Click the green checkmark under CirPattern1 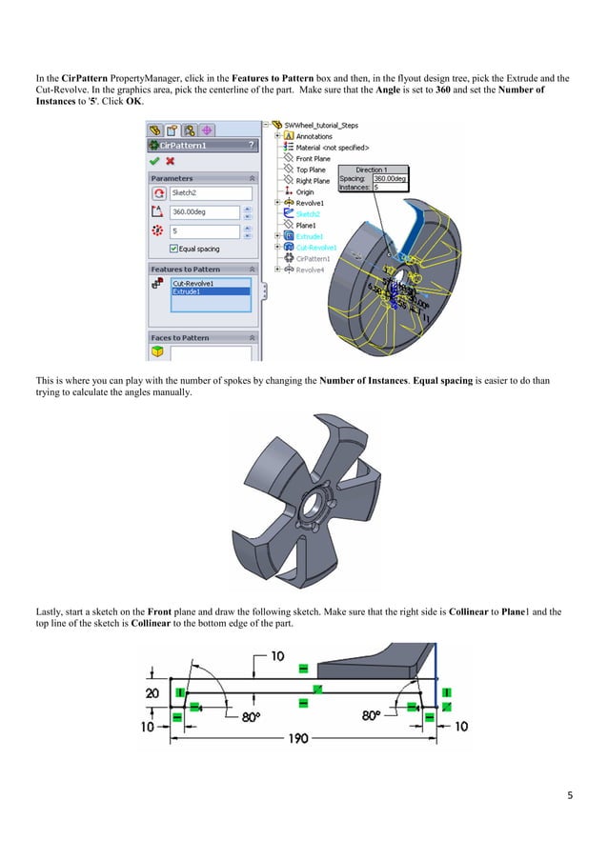coord(155,160)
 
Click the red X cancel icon coord(170,160)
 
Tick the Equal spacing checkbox coord(172,249)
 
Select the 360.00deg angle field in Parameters coord(210,211)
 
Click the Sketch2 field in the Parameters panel coord(210,193)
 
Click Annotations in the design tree coord(315,136)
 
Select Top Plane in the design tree coord(311,170)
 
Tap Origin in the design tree coord(305,191)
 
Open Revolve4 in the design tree coord(311,269)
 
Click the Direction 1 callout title coord(370,169)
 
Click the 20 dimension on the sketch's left coord(152,693)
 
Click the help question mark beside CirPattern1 coord(251,145)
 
